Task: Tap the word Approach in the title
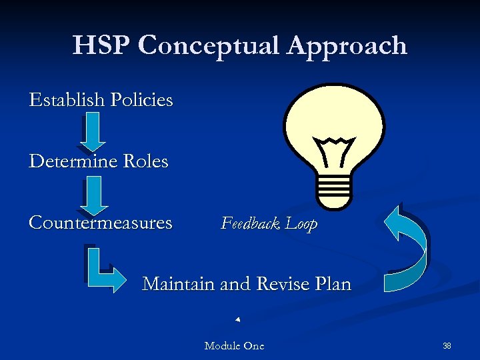(347, 45)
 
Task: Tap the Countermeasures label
(101, 223)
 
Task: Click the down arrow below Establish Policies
(95, 131)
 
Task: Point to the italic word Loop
(301, 225)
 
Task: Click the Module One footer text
(234, 346)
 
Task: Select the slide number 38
(447, 346)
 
